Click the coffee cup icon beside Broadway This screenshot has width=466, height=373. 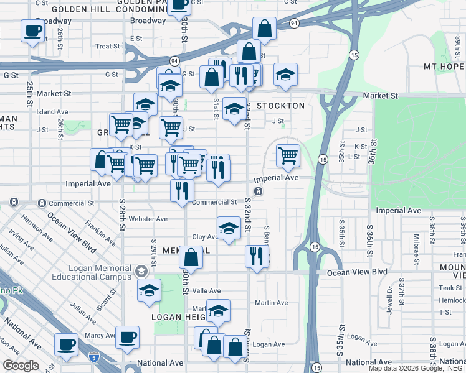click(x=32, y=30)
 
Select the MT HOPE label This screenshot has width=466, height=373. click(x=444, y=67)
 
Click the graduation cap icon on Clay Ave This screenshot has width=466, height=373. click(x=229, y=228)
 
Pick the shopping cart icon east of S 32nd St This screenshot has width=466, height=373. click(x=288, y=155)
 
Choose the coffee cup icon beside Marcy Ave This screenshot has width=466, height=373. click(x=127, y=337)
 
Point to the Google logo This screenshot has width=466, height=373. click(x=21, y=366)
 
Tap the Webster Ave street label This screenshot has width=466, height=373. click(x=148, y=219)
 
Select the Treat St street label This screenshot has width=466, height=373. click(x=107, y=47)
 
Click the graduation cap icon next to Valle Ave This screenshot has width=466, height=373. click(x=150, y=290)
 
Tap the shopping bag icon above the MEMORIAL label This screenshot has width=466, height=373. click(x=191, y=258)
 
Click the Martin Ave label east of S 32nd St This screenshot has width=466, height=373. click(x=271, y=303)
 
